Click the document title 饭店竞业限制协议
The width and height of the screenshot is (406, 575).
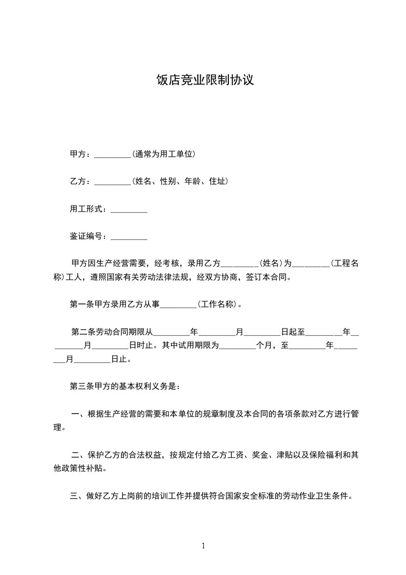pos(205,80)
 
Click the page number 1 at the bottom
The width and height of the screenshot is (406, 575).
pos(203,546)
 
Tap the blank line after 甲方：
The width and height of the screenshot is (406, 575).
pos(113,154)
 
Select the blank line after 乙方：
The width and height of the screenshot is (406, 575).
pos(113,181)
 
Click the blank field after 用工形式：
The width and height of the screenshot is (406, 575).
pos(129,209)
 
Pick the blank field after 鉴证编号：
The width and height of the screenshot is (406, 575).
pos(129,236)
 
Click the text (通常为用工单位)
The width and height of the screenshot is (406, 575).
pos(163,154)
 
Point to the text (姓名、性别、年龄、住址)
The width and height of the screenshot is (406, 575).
pos(180,181)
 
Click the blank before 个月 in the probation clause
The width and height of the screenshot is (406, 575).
pos(237,345)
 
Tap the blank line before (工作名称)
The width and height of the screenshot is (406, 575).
pos(179,304)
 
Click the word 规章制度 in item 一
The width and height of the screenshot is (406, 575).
pos(219,414)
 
